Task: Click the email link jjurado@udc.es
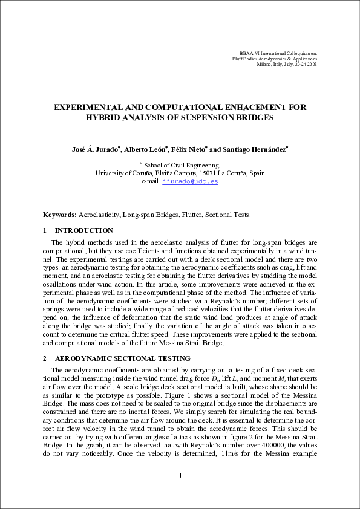[x=191, y=181]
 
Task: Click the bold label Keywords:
[x=59, y=215]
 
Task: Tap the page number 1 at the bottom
[x=180, y=476]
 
